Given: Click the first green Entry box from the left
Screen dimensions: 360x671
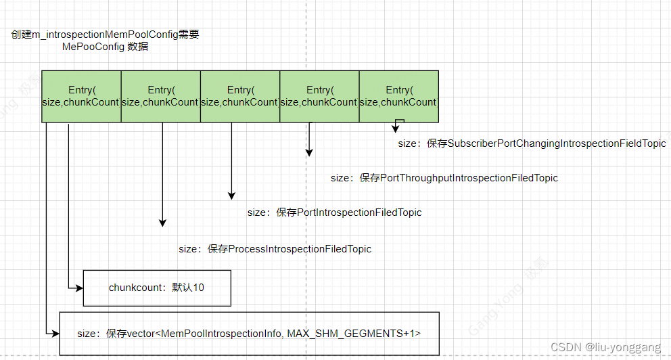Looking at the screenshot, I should click(81, 96).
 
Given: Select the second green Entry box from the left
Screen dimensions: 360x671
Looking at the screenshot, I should click(160, 96).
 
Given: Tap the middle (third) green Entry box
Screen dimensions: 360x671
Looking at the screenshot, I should click(239, 96).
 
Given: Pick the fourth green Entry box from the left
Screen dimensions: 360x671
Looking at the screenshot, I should click(319, 96).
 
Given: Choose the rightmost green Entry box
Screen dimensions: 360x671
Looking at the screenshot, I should click(398, 96).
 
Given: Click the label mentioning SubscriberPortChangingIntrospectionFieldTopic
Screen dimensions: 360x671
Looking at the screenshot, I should click(532, 143).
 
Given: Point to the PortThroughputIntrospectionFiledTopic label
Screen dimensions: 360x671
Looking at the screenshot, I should click(444, 178).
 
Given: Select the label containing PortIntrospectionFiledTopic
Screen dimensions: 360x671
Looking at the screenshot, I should click(334, 212).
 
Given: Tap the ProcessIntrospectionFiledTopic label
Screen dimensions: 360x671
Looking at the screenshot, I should click(275, 249).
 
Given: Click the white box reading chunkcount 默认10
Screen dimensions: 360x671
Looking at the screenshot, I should click(157, 288).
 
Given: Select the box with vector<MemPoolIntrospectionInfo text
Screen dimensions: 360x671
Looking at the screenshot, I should click(250, 333).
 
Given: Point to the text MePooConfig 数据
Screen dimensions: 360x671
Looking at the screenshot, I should click(105, 47).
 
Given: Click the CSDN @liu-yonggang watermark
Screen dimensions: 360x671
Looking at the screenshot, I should click(605, 347).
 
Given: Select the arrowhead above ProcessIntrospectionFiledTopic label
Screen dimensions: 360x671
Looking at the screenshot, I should click(162, 222).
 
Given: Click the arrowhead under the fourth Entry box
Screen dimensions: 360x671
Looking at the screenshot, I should click(309, 152).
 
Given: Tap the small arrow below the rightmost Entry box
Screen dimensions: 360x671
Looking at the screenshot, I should click(396, 129).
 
